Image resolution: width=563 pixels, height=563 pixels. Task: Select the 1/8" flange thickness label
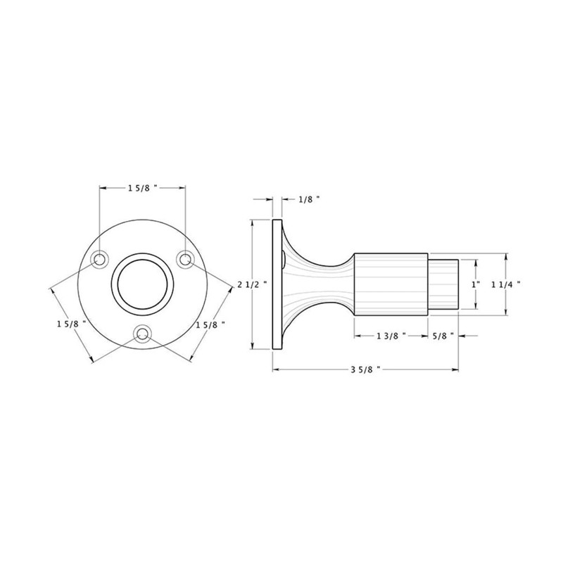click(x=308, y=200)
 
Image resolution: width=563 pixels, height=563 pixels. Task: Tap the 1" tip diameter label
click(x=476, y=284)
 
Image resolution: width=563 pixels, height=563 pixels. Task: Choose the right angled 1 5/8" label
click(x=210, y=324)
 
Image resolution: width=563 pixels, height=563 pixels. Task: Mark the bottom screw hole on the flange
click(x=143, y=334)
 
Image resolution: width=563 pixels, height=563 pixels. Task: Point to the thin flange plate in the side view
click(x=276, y=284)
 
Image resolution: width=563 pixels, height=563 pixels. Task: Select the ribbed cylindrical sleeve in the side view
click(x=391, y=284)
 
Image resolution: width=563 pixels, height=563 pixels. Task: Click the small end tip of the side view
click(x=445, y=284)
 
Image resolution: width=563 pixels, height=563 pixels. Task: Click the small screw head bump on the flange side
click(x=284, y=260)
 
